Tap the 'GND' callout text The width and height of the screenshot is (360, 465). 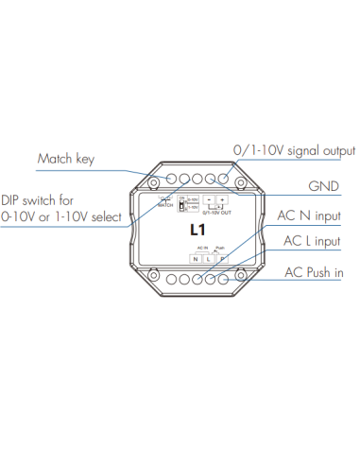(x=325, y=186)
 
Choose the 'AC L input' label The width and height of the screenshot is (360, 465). (x=313, y=242)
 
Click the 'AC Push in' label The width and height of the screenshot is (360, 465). (x=313, y=273)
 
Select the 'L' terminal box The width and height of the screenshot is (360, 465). (x=209, y=258)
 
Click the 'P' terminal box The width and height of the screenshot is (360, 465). (x=222, y=258)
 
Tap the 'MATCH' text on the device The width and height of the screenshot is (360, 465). (x=164, y=204)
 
